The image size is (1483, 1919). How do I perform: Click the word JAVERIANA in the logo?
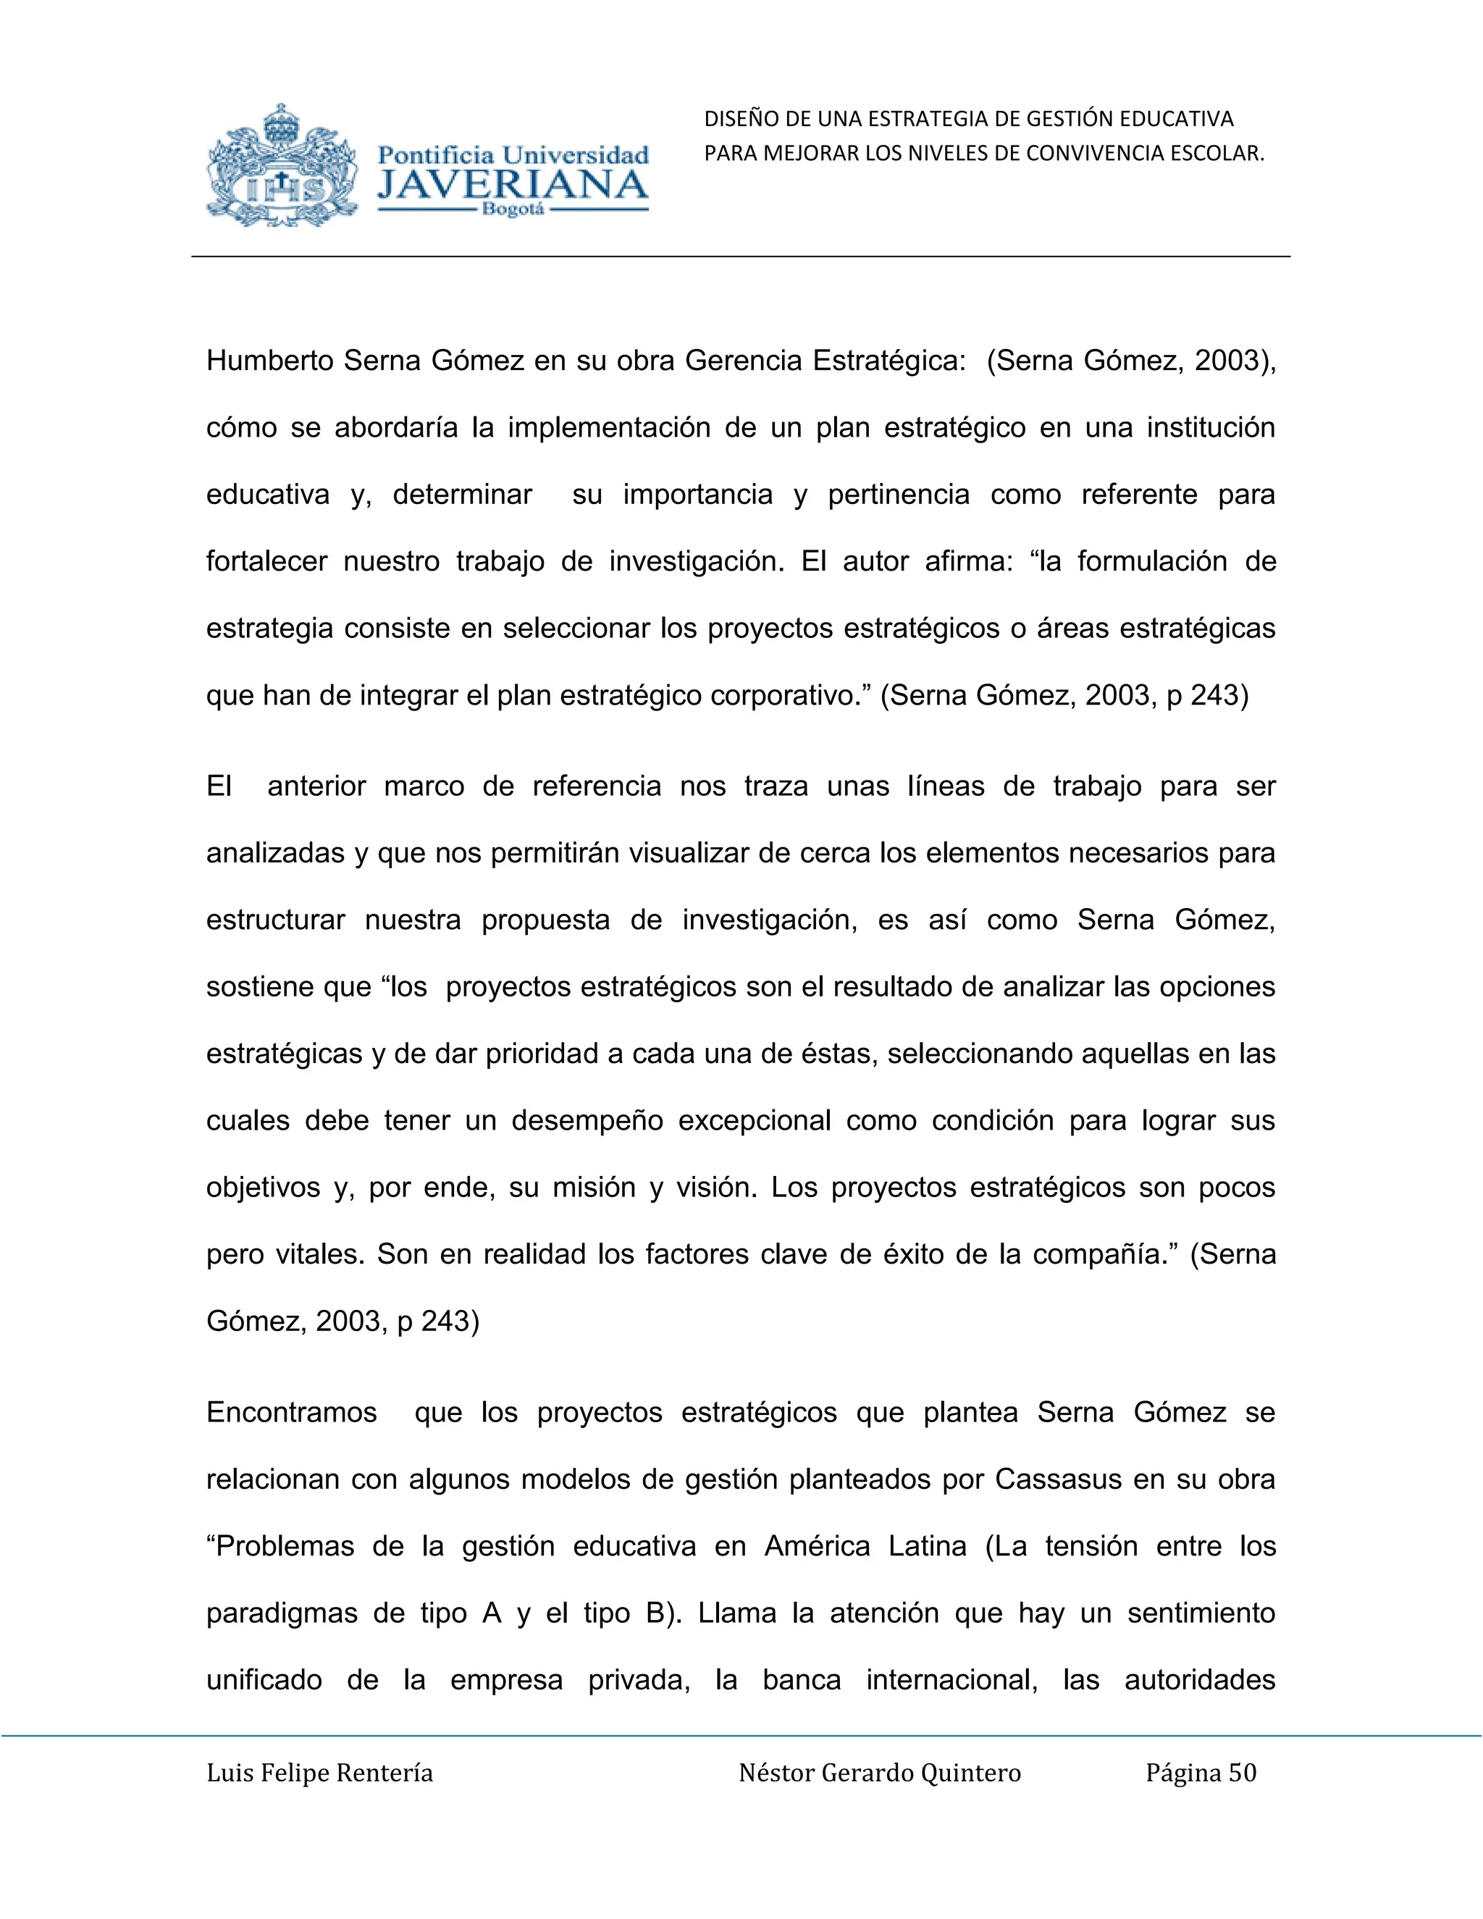pos(512,185)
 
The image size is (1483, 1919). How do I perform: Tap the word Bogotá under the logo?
pos(513,211)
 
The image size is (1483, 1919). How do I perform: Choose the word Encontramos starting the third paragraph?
pos(292,1412)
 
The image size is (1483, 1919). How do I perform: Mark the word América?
pos(816,1547)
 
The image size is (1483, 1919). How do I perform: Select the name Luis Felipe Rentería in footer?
pos(320,1773)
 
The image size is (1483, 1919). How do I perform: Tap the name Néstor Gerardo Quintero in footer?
pos(879,1773)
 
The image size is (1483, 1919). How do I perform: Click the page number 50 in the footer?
pos(1243,1773)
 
